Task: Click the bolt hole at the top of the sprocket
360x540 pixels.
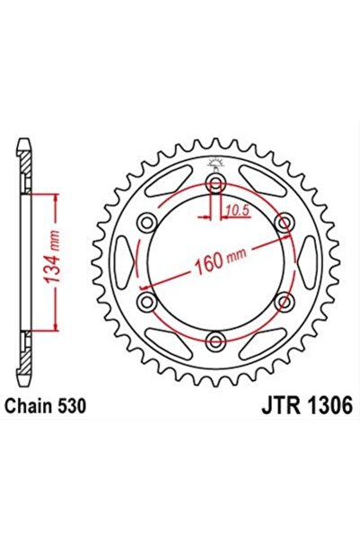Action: pos(215,185)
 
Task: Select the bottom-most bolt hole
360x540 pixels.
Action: pos(215,340)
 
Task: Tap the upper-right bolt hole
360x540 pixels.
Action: pos(284,223)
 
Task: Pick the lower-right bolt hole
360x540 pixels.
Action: pos(284,301)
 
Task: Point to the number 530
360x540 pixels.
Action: pos(71,406)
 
